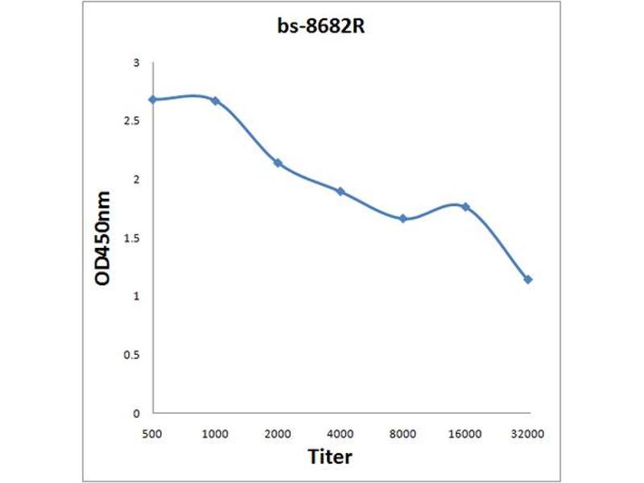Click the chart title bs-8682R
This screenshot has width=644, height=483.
pyautogui.click(x=322, y=26)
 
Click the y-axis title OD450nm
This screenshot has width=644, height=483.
pyautogui.click(x=104, y=240)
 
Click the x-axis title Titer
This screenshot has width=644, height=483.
pyautogui.click(x=330, y=456)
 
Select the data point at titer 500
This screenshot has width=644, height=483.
pyautogui.click(x=152, y=100)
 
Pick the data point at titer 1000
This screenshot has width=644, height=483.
pyautogui.click(x=215, y=101)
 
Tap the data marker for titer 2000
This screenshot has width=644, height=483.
pyautogui.click(x=278, y=163)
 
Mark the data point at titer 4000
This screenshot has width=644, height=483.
pyautogui.click(x=341, y=192)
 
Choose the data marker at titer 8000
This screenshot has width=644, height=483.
pyautogui.click(x=402, y=218)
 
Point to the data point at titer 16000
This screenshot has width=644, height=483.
pyautogui.click(x=465, y=207)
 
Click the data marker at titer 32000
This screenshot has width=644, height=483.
pyautogui.click(x=528, y=279)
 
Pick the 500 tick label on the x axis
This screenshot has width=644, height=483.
pyautogui.click(x=152, y=433)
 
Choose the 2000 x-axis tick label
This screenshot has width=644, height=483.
pyautogui.click(x=278, y=433)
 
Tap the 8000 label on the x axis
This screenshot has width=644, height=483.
pyautogui.click(x=402, y=433)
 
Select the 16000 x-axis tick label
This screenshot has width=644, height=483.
pyautogui.click(x=465, y=433)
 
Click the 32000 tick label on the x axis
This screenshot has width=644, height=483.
pyautogui.click(x=528, y=433)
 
